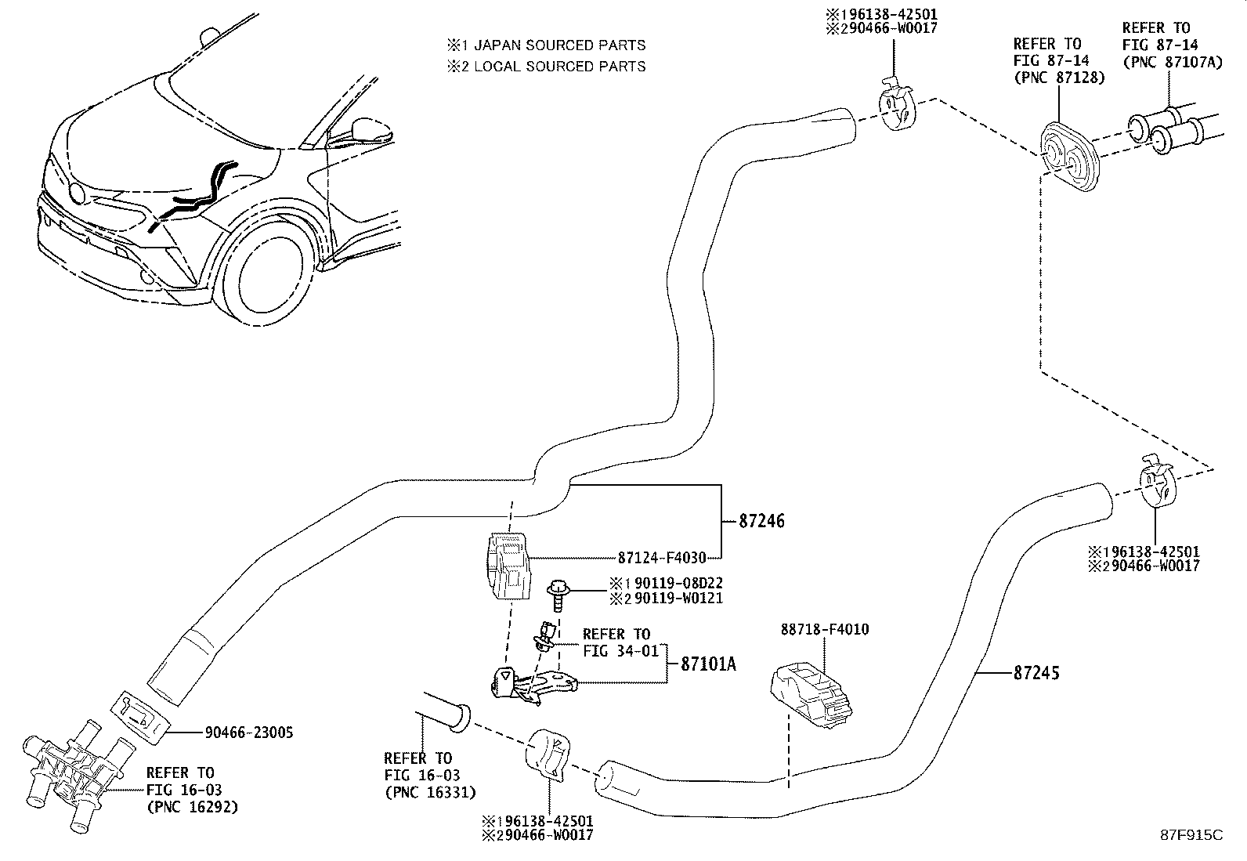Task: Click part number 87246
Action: (x=761, y=521)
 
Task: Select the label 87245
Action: (x=1036, y=673)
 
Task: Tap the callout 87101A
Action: (x=708, y=664)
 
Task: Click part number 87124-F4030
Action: (x=662, y=558)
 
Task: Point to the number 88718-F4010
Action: (x=824, y=629)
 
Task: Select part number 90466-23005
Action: (x=249, y=733)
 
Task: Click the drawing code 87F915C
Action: (x=1191, y=835)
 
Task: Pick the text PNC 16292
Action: (x=191, y=806)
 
